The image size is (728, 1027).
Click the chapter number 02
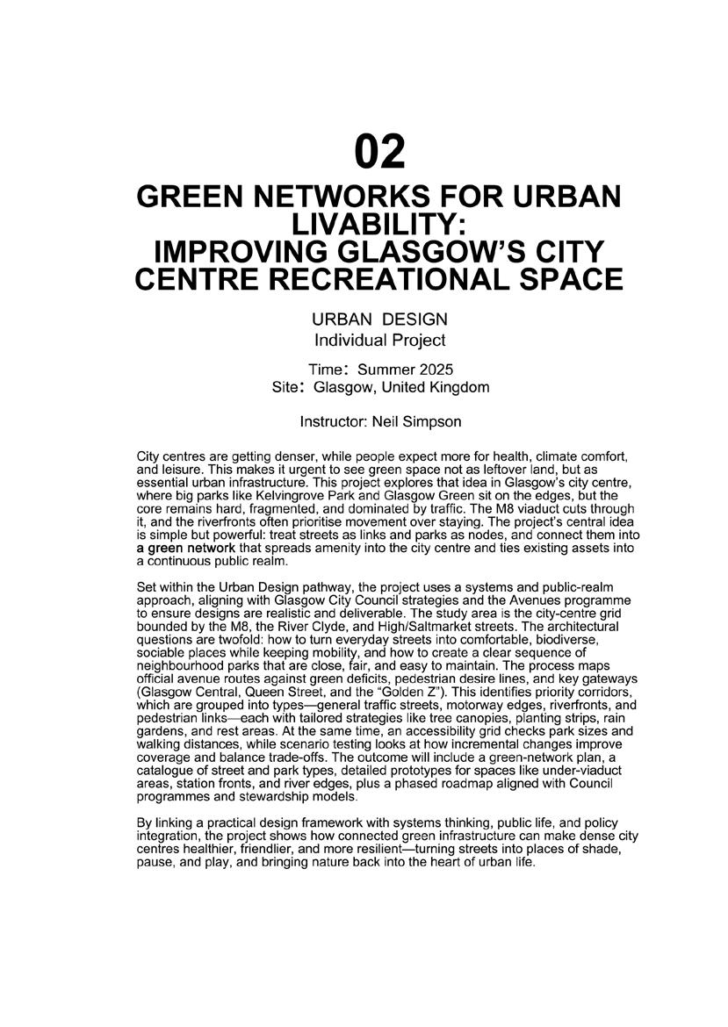[380, 153]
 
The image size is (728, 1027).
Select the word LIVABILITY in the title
[378, 225]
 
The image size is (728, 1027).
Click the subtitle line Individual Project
[379, 340]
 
